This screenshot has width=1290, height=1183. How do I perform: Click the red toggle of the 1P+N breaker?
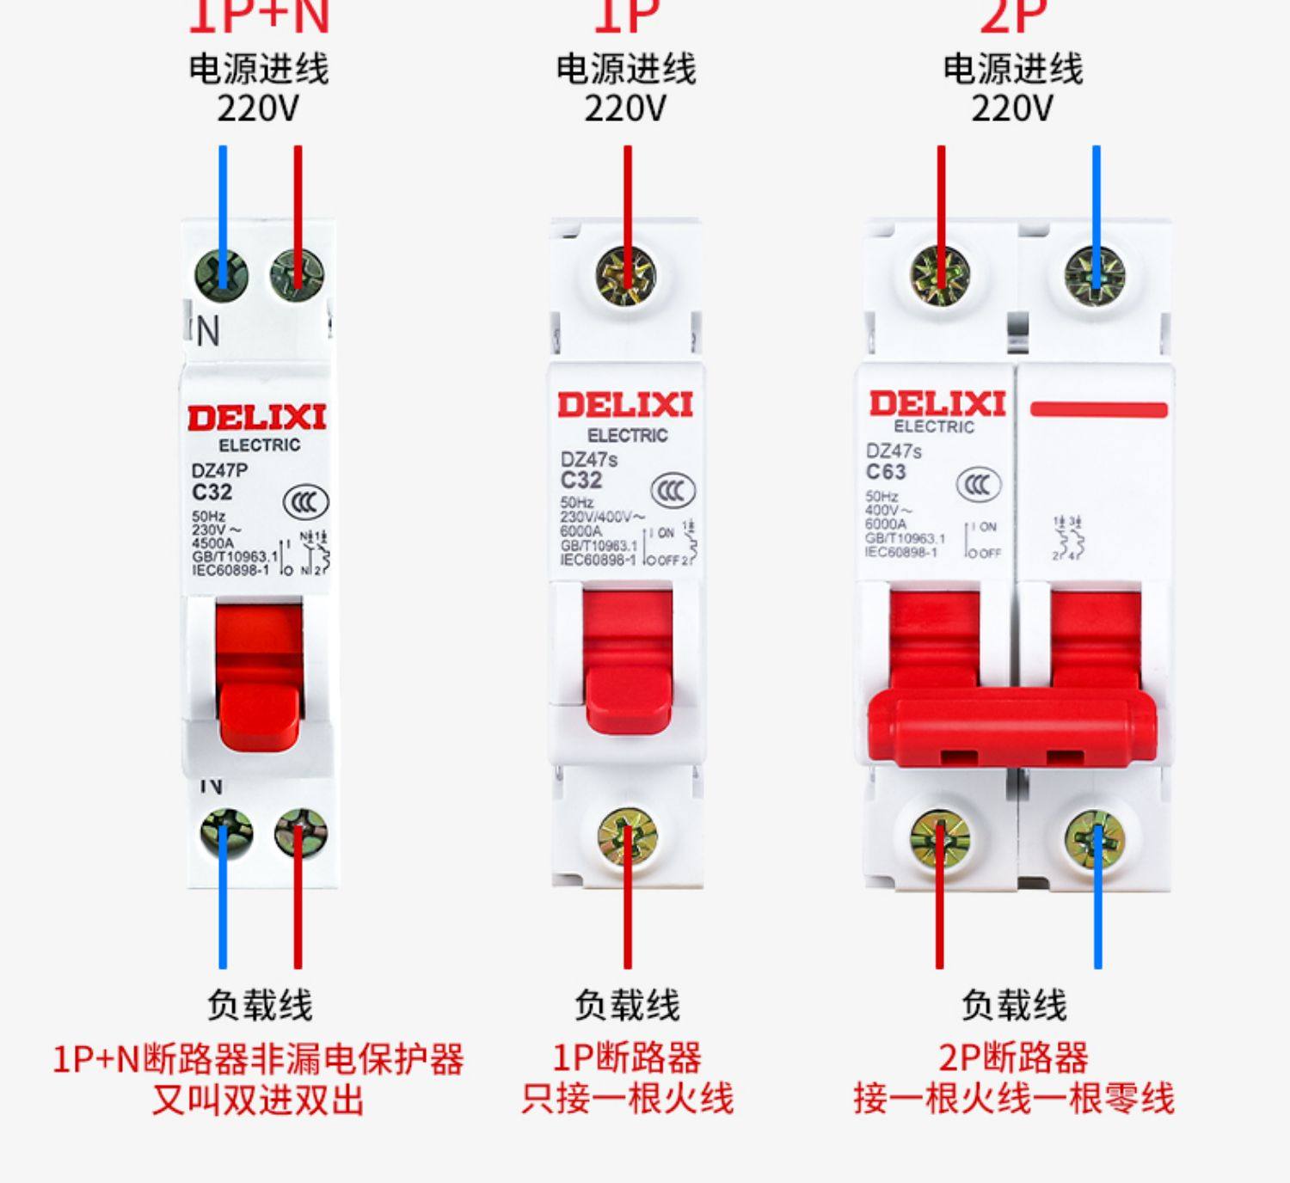click(x=258, y=679)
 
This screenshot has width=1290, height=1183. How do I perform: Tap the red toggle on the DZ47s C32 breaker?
click(x=628, y=662)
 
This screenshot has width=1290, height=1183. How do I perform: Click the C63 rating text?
click(x=886, y=472)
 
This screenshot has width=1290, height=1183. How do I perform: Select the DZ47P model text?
click(x=219, y=470)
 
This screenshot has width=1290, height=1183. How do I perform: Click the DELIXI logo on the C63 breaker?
click(x=937, y=403)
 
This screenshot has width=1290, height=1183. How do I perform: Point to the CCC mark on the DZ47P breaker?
click(x=305, y=502)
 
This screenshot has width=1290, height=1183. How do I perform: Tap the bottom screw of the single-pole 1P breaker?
click(x=627, y=836)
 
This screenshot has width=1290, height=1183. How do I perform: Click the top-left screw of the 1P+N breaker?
click(x=222, y=275)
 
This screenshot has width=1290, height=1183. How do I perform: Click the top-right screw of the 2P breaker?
click(x=1095, y=275)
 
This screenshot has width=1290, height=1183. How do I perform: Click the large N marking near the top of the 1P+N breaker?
click(x=208, y=331)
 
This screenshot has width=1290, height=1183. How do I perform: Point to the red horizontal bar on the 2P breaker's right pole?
click(x=1098, y=409)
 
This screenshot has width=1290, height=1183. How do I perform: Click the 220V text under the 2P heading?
click(x=1012, y=109)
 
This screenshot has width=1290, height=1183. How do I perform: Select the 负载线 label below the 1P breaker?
click(x=627, y=1004)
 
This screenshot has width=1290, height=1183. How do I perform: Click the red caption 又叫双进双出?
click(x=258, y=1100)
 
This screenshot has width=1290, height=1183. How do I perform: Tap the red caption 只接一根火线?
click(x=627, y=1099)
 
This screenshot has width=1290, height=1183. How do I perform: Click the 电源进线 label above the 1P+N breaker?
click(x=258, y=69)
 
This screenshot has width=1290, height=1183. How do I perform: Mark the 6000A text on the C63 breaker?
click(x=886, y=524)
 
